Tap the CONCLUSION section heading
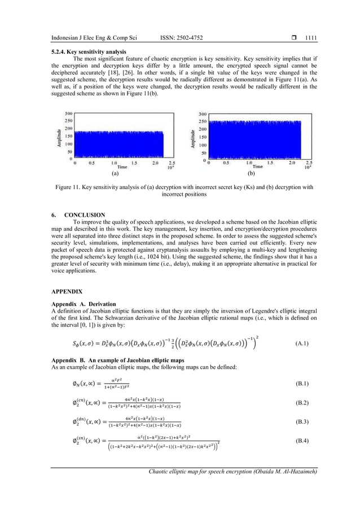coord(85,215)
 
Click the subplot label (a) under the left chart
coord(115,174)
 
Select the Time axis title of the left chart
coord(121,168)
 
